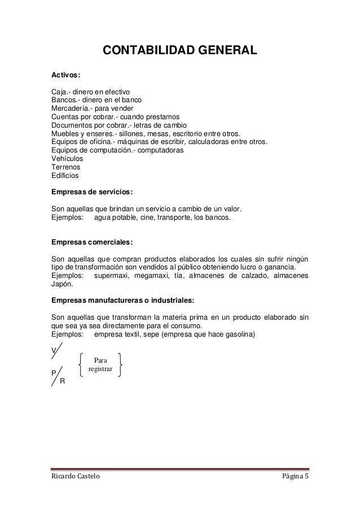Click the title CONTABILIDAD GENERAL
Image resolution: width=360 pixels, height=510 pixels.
pyautogui.click(x=179, y=52)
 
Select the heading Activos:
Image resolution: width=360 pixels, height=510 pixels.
pyautogui.click(x=66, y=75)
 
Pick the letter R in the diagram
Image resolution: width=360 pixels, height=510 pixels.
pyautogui.click(x=62, y=381)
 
